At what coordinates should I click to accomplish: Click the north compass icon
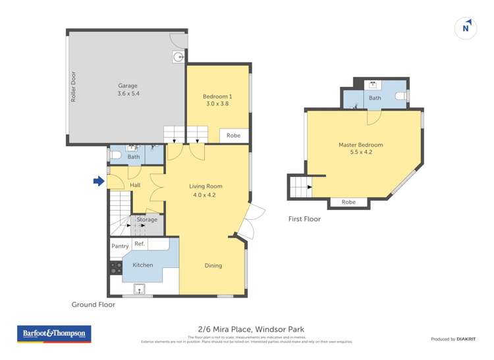tap(466, 28)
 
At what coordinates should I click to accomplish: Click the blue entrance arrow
tap(99, 181)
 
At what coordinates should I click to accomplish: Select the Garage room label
tap(128, 86)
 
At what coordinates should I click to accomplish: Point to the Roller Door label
tap(74, 86)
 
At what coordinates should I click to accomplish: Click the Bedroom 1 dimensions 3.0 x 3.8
tap(217, 103)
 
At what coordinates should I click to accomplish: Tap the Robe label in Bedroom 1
tap(233, 135)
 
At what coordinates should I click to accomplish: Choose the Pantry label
tap(120, 246)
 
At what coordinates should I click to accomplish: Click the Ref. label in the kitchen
tap(140, 244)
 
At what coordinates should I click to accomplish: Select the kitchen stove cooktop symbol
tap(116, 268)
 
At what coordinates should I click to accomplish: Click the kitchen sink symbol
tap(140, 288)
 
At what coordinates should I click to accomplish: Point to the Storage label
tap(147, 219)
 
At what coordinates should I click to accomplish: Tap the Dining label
tap(213, 265)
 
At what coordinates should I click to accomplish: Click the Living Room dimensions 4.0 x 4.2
tap(204, 195)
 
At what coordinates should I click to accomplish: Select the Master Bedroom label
tap(360, 145)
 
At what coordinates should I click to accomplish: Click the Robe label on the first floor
tap(348, 202)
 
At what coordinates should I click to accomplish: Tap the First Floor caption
tap(304, 219)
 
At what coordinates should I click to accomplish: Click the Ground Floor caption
tap(94, 305)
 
